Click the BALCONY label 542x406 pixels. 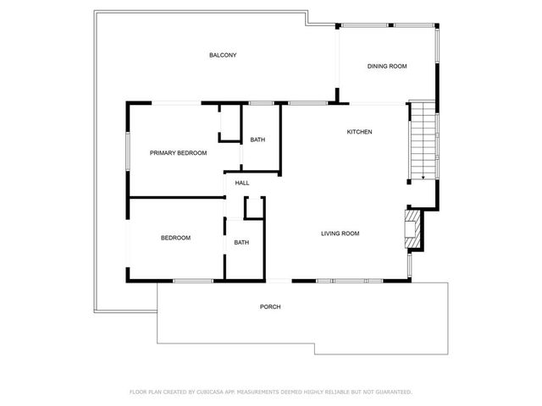tap(223, 56)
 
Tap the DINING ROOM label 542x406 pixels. tap(387, 67)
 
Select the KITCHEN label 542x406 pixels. tap(359, 132)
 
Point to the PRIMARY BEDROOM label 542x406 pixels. tap(178, 153)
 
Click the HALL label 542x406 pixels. tap(242, 183)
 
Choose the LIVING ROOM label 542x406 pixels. tap(340, 233)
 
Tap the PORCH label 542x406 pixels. tap(270, 306)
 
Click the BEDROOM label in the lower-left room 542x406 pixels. tap(175, 238)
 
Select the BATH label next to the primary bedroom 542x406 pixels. tap(257, 140)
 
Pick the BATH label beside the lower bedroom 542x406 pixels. tap(241, 243)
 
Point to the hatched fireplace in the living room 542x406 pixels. tap(412, 229)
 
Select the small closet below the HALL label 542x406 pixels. tap(253, 210)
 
